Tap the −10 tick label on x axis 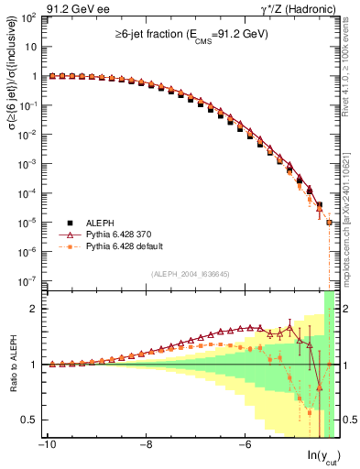46,444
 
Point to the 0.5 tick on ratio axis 31,420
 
